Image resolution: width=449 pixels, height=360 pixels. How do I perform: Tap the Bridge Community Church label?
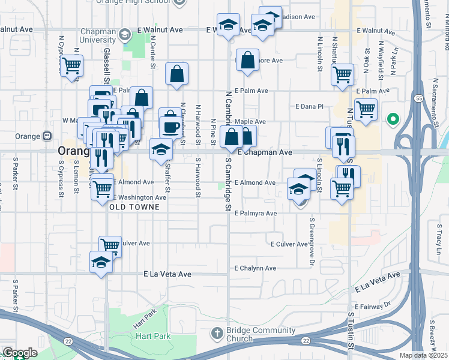261,335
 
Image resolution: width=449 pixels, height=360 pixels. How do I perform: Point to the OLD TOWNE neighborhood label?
134,207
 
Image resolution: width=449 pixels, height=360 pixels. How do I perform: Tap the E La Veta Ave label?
167,274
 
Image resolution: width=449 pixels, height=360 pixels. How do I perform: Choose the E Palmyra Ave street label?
255,213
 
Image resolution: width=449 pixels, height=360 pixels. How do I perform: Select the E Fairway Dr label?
372,307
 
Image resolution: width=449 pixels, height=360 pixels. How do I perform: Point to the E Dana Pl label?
309,106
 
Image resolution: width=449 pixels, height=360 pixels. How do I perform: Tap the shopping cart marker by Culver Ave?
110,245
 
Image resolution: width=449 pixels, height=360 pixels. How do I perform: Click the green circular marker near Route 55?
393,119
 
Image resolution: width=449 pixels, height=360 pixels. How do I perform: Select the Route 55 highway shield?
418,98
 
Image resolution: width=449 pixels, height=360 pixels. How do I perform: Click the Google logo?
19,353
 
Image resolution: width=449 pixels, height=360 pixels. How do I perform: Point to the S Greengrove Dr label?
312,242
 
